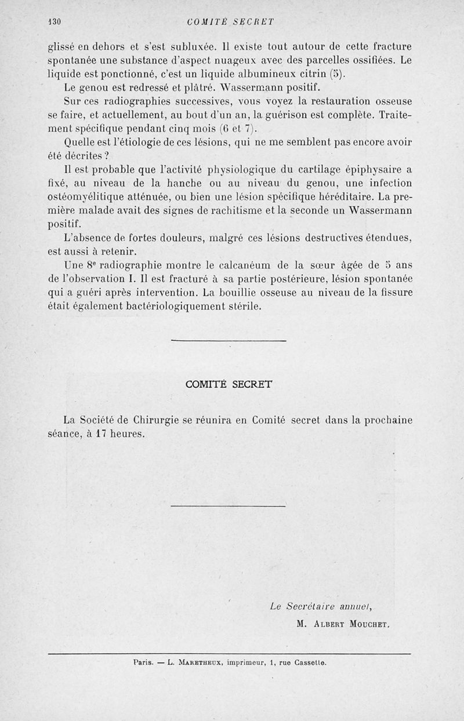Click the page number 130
pyautogui.click(x=55, y=22)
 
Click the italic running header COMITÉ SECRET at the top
pyautogui.click(x=231, y=22)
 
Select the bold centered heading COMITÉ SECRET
pyautogui.click(x=229, y=384)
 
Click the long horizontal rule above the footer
pyautogui.click(x=230, y=654)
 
